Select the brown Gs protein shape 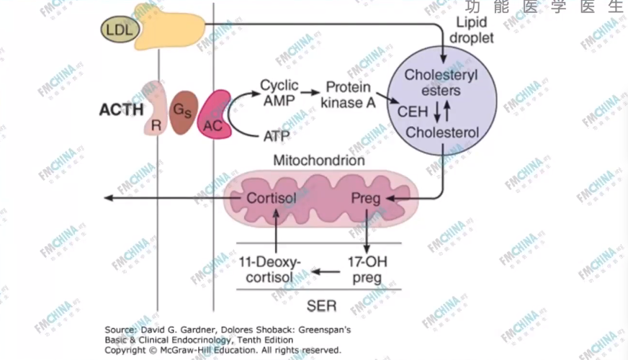coord(182,112)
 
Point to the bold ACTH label coord(121,110)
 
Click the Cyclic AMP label coord(279,94)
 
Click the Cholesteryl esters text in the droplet coord(441,83)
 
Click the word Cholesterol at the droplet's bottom coord(441,132)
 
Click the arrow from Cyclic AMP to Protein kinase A coord(310,93)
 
